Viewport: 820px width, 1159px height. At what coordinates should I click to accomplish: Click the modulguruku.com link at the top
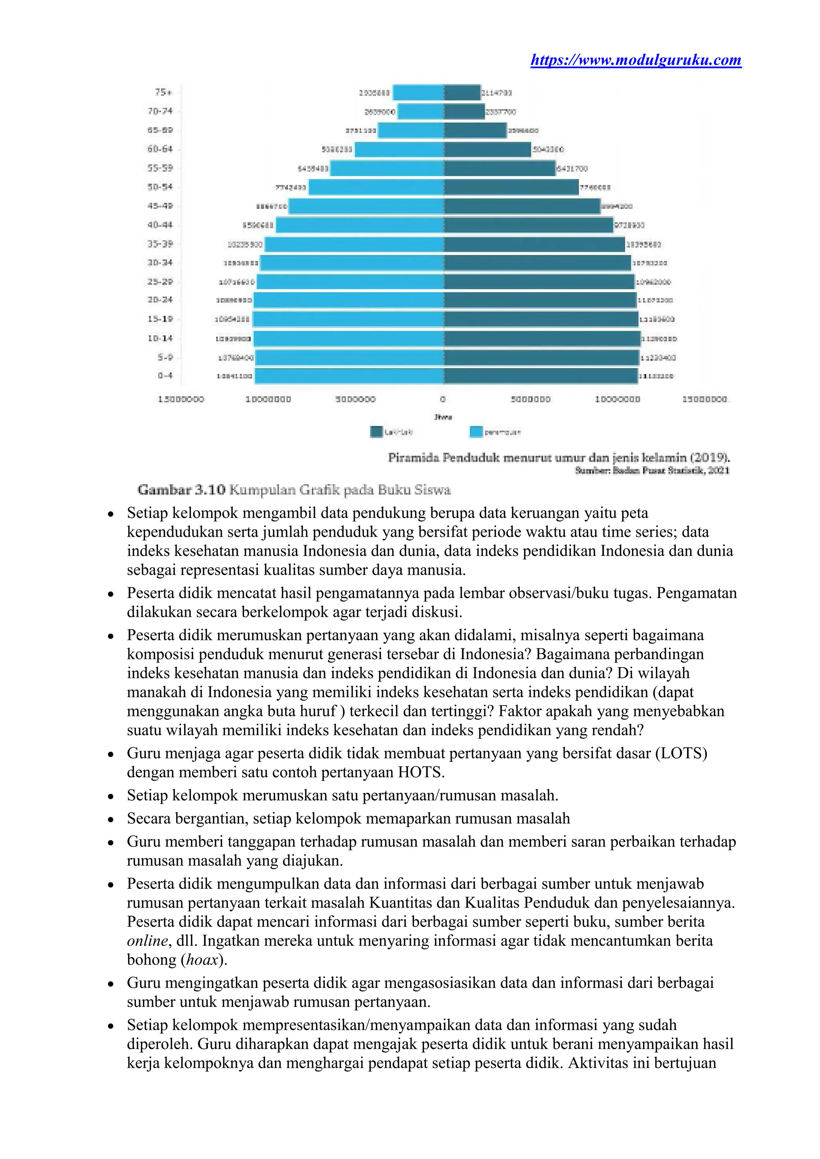636,60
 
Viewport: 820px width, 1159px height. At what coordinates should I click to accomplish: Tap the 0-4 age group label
165,375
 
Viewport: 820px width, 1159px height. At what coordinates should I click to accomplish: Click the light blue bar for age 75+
418,93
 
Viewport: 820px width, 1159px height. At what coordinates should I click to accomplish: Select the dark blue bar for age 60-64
487,149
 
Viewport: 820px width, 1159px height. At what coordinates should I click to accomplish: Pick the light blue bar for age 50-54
376,187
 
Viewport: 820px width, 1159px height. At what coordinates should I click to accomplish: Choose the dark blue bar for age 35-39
534,244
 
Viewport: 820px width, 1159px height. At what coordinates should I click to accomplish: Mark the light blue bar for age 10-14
348,339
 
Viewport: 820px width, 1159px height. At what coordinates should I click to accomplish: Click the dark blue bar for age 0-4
540,376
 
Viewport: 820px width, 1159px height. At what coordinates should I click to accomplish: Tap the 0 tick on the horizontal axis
443,399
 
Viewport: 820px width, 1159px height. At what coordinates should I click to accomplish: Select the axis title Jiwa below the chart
443,417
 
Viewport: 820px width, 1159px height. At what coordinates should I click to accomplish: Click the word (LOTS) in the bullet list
681,753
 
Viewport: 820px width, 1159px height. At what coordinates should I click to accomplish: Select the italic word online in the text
147,941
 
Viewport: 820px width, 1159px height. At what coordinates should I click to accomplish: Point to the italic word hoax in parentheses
202,960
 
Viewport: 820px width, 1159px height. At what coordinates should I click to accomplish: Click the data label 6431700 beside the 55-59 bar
572,168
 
